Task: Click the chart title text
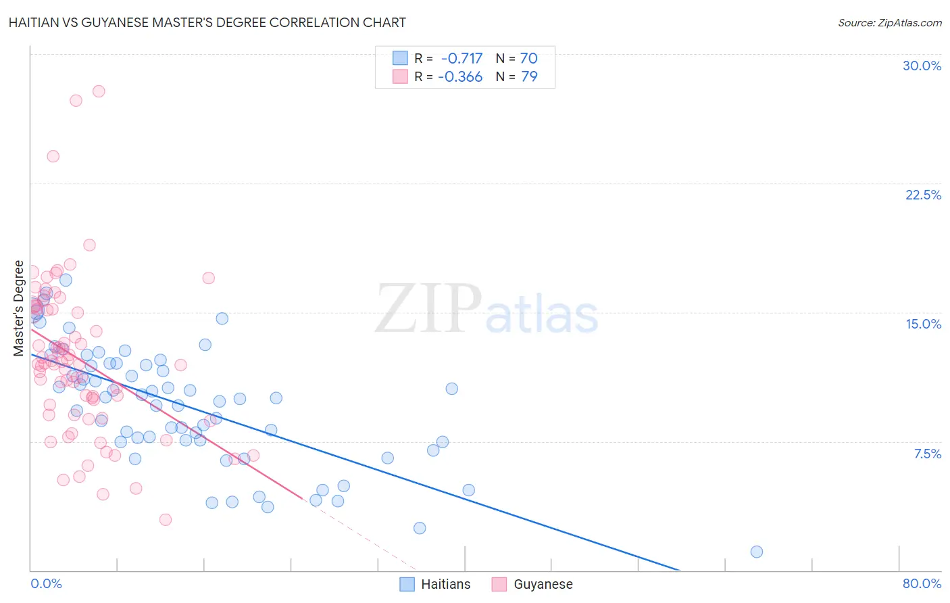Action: click(x=207, y=22)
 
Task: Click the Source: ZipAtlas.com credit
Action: click(x=889, y=22)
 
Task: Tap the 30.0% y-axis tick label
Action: click(x=922, y=66)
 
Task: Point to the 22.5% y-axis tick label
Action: click(x=923, y=195)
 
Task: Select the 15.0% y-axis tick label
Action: click(x=923, y=324)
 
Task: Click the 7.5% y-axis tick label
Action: click(x=927, y=454)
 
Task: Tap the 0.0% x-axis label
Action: click(x=46, y=583)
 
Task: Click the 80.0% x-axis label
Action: click(x=922, y=583)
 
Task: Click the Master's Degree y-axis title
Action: click(x=19, y=308)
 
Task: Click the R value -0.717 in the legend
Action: click(x=461, y=58)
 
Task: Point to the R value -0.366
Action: click(x=460, y=76)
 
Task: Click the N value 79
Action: click(x=529, y=76)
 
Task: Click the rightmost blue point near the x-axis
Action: click(x=756, y=552)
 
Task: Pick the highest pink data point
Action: click(x=99, y=91)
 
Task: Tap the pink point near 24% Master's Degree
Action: click(x=53, y=156)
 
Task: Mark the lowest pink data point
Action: click(x=166, y=519)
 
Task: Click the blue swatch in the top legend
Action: click(x=400, y=58)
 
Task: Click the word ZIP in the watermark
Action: click(x=428, y=308)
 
